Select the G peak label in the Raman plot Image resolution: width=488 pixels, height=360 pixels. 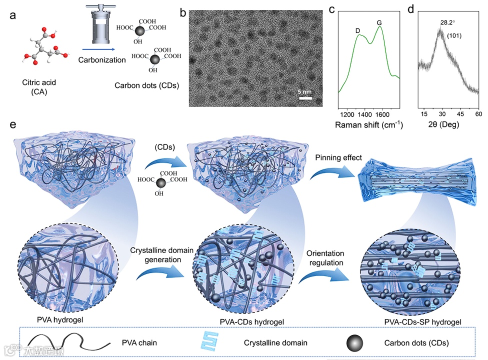[x=379, y=23]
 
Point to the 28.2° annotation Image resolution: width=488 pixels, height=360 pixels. [x=449, y=23]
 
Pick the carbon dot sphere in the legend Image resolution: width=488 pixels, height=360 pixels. [x=355, y=343]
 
